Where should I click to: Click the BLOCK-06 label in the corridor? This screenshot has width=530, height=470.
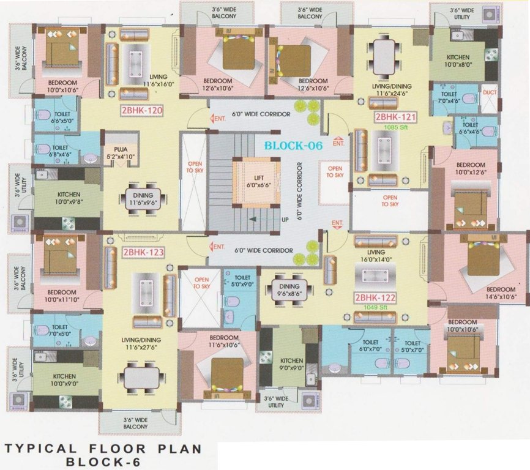[293, 146]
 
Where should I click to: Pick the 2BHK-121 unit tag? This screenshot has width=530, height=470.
[395, 117]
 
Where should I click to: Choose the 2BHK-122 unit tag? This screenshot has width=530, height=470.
[375, 298]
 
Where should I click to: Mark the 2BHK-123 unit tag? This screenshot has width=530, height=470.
[142, 252]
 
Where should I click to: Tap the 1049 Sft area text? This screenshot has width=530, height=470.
[376, 308]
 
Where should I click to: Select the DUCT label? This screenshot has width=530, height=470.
[489, 92]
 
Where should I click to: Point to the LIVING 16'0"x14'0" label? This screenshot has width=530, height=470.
[376, 256]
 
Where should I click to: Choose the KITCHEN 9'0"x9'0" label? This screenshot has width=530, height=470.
[288, 365]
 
